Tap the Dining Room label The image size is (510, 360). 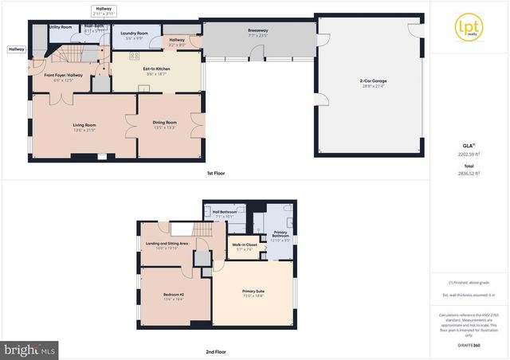(x=164, y=122)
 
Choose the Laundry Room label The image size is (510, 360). (x=134, y=33)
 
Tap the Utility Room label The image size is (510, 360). (x=61, y=26)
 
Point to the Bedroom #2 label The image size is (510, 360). (x=173, y=295)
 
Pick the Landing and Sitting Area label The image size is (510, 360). (x=167, y=244)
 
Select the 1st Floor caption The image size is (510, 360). (x=215, y=173)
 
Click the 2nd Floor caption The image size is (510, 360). (x=215, y=350)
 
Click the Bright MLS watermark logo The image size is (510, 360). (x=30, y=349)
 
